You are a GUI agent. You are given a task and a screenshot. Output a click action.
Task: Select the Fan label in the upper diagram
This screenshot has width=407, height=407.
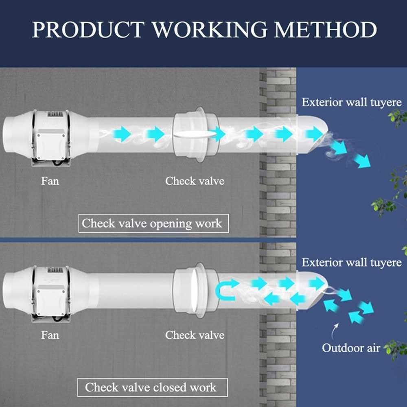pyautogui.click(x=50, y=180)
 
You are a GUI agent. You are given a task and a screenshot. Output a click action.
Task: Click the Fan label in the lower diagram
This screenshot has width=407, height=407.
pyautogui.click(x=50, y=335)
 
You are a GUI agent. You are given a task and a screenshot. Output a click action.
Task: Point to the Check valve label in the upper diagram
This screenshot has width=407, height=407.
pyautogui.click(x=195, y=180)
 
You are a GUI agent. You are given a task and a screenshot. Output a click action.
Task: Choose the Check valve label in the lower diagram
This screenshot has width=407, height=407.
pyautogui.click(x=195, y=335)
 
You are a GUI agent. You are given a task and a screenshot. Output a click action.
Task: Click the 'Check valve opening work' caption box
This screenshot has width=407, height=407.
pyautogui.click(x=153, y=223)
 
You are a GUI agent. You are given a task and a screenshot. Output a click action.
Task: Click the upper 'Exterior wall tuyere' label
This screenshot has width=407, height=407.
pyautogui.click(x=351, y=102)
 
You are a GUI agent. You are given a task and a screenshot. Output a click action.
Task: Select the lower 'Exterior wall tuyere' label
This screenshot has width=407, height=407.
pyautogui.click(x=351, y=263)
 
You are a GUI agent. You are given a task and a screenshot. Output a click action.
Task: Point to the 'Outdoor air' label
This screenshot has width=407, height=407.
pyautogui.click(x=351, y=348)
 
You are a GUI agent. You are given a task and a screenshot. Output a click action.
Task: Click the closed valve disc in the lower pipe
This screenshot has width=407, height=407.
pyautogui.click(x=199, y=289)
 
